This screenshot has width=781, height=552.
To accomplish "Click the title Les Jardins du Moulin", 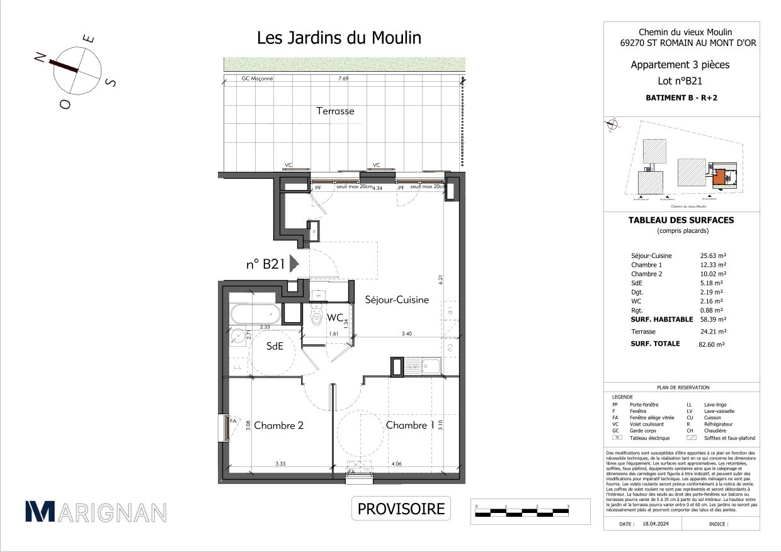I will point(339,38).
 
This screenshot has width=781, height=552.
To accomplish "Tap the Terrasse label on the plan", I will point(334,111).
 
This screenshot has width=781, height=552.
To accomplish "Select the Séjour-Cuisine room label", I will point(397,300).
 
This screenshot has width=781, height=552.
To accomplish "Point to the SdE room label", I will point(274,346).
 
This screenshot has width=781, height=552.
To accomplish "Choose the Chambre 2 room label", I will point(279,425).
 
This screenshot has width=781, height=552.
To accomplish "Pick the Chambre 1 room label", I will point(410,425).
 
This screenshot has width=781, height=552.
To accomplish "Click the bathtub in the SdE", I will point(254,313).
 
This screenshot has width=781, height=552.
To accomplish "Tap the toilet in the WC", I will point(317,317).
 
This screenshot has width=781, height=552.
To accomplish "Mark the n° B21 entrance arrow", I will point(294,264).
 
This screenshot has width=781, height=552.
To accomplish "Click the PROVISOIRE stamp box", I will point(401,509).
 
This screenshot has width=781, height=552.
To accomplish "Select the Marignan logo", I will point(96,512).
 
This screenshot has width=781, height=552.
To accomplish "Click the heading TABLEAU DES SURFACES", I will point(681,220).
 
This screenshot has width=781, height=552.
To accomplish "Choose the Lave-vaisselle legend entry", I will point(719,412).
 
